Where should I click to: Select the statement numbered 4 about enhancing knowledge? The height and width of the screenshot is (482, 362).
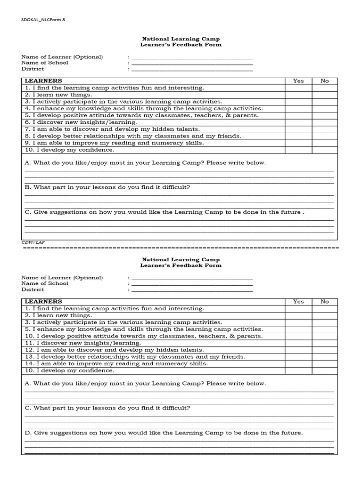pos(144,108)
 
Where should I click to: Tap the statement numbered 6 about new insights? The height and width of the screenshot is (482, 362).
pos(81,122)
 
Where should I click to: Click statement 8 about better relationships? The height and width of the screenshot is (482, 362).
pos(133,136)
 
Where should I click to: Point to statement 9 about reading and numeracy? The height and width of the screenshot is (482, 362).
pos(115,143)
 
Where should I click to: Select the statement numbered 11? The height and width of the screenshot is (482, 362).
pos(81,343)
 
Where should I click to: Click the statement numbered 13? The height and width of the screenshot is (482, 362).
pos(135,357)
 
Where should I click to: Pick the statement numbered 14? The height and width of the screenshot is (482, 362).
pos(116,363)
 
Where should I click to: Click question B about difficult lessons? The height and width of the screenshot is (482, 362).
pos(107,187)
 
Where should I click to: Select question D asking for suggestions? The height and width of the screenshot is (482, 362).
pos(164,433)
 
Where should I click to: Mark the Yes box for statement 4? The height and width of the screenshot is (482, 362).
pos(298,108)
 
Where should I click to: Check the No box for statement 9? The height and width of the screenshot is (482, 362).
pos(324,143)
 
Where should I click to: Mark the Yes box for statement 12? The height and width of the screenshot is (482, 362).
pos(298,350)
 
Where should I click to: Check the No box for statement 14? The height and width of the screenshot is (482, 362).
pos(324,363)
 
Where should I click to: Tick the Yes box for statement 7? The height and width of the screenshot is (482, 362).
pos(298,129)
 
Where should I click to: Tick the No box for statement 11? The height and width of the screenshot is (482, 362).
pos(324,343)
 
